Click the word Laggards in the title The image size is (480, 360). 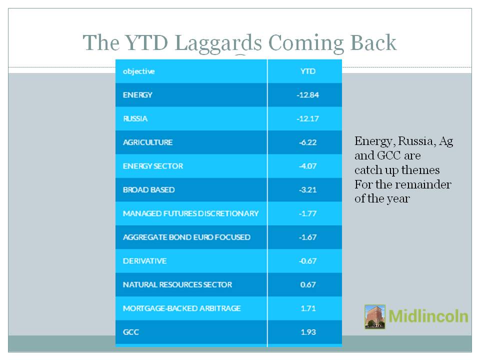(218, 43)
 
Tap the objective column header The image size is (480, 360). (138, 71)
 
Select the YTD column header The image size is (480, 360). (307, 71)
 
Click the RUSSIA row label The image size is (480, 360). (135, 119)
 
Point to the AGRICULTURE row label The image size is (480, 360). (147, 142)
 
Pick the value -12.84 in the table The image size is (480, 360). (307, 95)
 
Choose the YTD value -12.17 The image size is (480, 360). (307, 119)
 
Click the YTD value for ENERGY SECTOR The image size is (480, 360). (307, 166)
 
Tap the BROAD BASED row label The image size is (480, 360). (149, 190)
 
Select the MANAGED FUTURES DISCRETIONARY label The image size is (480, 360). (190, 213)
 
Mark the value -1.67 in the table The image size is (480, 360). (307, 237)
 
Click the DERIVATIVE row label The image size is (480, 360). (144, 261)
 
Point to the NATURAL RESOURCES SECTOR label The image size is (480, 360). (177, 284)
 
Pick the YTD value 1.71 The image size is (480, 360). (308, 308)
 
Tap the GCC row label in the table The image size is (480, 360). (130, 332)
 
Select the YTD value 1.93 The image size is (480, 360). (308, 332)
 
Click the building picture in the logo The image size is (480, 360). (375, 316)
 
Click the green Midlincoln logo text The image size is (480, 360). (428, 316)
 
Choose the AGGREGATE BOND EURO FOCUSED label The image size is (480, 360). (186, 237)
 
